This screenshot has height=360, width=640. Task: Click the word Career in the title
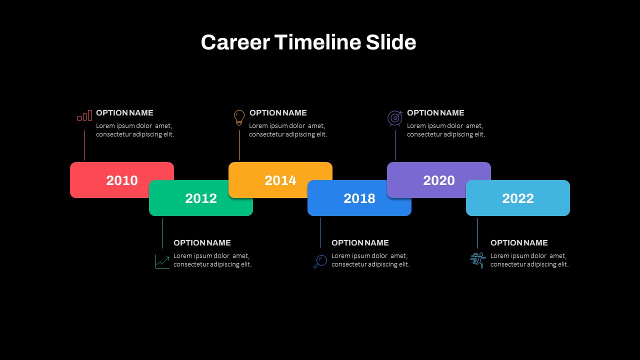tap(235, 42)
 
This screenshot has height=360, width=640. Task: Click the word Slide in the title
tap(391, 42)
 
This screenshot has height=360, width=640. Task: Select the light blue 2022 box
tap(518, 198)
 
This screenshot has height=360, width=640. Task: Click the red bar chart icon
tap(85, 115)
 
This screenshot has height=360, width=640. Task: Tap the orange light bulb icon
tap(239, 117)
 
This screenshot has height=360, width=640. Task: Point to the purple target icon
tap(395, 118)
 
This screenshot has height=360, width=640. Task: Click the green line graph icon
tap(162, 261)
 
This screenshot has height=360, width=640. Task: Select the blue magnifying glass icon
tap(320, 261)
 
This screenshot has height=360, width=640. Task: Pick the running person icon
tap(478, 260)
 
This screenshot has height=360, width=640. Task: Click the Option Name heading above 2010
tap(124, 113)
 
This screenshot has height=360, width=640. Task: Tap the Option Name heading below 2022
tap(519, 243)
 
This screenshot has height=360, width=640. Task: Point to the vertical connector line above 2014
tap(239, 145)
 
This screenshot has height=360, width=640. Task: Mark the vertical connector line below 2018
tap(320, 233)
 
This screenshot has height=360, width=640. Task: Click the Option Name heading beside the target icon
tap(435, 113)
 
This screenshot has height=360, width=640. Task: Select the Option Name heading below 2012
tap(202, 243)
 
